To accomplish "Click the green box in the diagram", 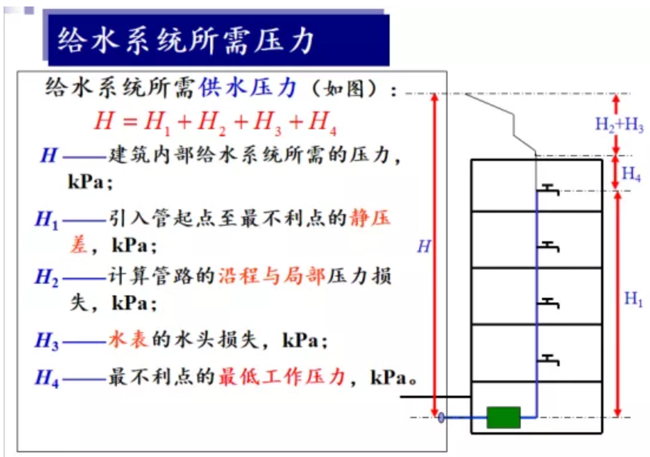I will pyautogui.click(x=503, y=417).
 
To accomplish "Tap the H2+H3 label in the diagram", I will pyautogui.click(x=619, y=125).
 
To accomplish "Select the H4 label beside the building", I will pyautogui.click(x=631, y=174).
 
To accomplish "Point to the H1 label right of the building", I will pyautogui.click(x=633, y=300).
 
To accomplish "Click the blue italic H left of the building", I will pyautogui.click(x=424, y=246).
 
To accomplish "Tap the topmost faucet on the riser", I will pyautogui.click(x=550, y=189).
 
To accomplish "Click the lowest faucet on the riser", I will pyautogui.click(x=550, y=359).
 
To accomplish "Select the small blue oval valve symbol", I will pyautogui.click(x=441, y=417).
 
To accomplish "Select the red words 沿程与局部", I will pyautogui.click(x=272, y=276).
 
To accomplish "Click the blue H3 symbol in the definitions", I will pyautogui.click(x=47, y=341).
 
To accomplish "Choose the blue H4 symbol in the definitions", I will pyautogui.click(x=47, y=377).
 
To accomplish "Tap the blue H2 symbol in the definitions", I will pyautogui.click(x=47, y=277).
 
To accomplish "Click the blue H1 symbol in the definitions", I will pyautogui.click(x=47, y=221).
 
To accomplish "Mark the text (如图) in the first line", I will pyautogui.click(x=347, y=89).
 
